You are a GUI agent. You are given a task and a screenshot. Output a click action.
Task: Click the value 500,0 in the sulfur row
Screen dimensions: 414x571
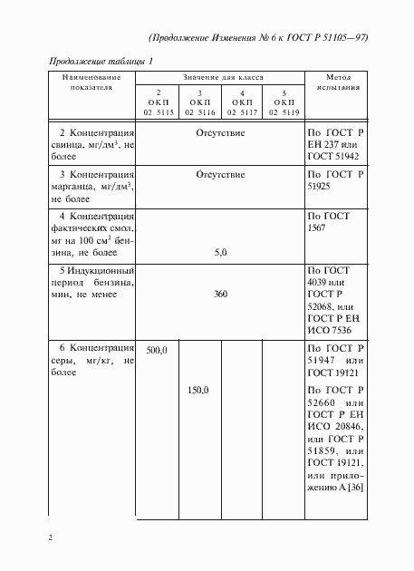click(x=158, y=349)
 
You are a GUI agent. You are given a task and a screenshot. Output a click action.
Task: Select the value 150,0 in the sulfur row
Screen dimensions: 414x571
click(x=197, y=390)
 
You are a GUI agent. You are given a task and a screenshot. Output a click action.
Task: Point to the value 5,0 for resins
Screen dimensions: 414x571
click(x=220, y=255)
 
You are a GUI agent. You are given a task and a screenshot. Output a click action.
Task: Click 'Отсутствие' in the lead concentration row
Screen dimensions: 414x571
click(x=220, y=132)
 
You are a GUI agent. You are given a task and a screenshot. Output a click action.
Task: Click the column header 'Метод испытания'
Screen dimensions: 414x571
click(x=339, y=83)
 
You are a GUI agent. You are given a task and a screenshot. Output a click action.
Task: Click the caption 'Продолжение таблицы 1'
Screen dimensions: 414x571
click(x=99, y=60)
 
